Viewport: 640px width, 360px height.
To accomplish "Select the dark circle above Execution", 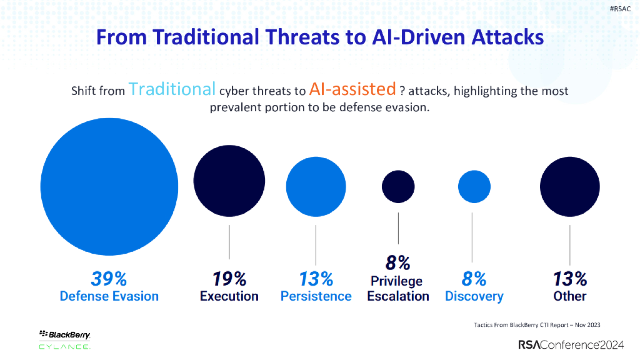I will tap(229, 179).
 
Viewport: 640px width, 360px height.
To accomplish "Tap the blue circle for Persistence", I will tap(316, 186).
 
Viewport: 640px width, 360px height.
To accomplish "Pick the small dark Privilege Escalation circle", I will tap(398, 186).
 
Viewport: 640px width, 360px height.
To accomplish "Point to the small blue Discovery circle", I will tap(474, 186).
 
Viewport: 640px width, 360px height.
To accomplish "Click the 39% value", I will tap(109, 278).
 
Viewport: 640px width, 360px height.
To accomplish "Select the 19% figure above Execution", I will tap(229, 278).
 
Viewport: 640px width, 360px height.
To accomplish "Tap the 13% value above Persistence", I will tap(316, 278).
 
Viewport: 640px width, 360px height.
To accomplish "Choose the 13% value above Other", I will tap(569, 278).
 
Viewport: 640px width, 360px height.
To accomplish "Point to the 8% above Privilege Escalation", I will tap(397, 262).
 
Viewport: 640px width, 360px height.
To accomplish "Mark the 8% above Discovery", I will tap(474, 278).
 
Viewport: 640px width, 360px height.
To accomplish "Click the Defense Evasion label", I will tap(109, 296).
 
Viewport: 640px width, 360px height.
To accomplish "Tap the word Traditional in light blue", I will tap(172, 89).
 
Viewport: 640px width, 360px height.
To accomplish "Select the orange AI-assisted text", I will tap(352, 89).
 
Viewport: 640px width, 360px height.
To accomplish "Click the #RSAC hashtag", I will tap(619, 8).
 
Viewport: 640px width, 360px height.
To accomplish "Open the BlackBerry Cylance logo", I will tap(65, 338).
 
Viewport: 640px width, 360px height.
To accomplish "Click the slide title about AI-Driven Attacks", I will tap(320, 37).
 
